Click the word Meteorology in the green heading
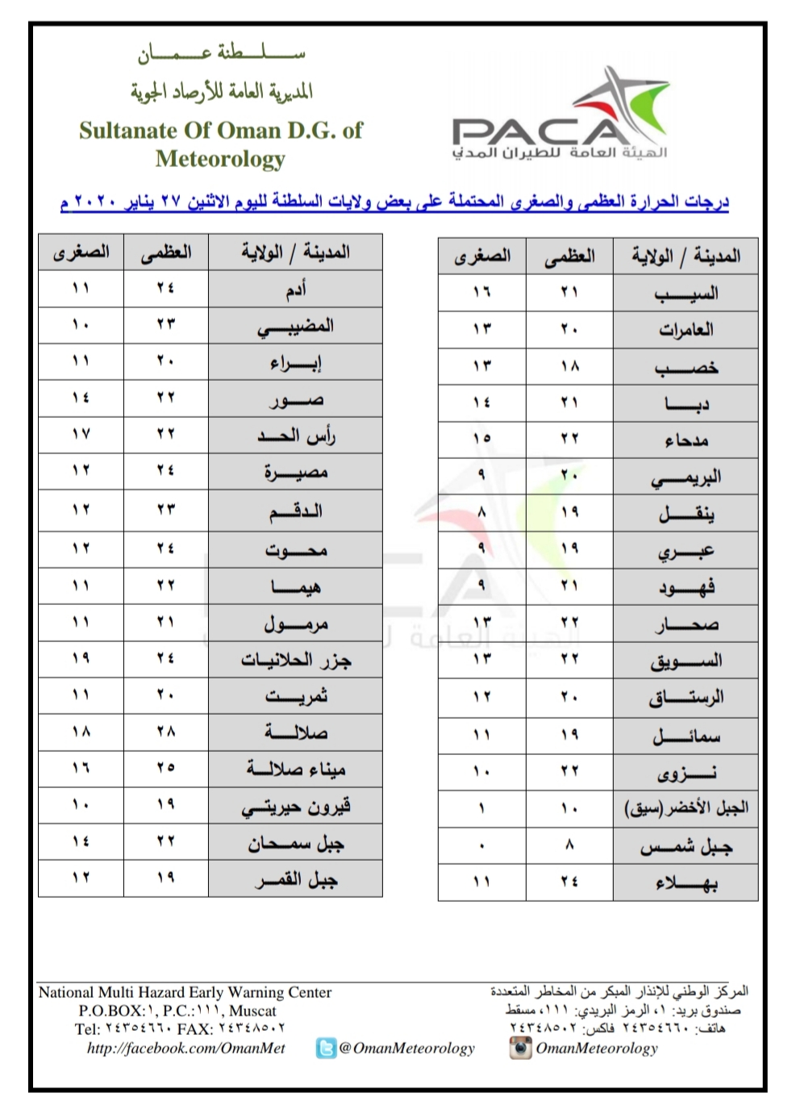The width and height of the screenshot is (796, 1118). tap(220, 159)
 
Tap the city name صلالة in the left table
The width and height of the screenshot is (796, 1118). tap(296, 732)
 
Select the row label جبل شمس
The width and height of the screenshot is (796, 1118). tap(686, 846)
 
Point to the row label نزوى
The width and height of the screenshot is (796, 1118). tap(686, 773)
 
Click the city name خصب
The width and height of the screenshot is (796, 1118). tap(686, 367)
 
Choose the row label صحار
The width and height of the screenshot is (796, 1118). tap(686, 624)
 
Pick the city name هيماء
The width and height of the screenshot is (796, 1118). tap(296, 586)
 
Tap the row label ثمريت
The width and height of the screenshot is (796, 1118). tap(296, 695)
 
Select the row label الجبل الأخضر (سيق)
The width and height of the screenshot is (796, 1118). tap(686, 807)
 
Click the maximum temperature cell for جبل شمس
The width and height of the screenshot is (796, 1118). tap(569, 845)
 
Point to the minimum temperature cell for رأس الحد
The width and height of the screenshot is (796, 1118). tap(81, 434)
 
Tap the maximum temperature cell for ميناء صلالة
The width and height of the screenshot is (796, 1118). tap(166, 767)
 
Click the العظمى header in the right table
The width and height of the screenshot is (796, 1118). tap(569, 257)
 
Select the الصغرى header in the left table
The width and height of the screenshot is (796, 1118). tap(81, 252)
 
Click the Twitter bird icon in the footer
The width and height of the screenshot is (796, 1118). tap(326, 1048)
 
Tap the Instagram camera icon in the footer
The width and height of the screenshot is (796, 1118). tap(520, 1048)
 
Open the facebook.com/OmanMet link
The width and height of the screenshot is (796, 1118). tap(186, 1048)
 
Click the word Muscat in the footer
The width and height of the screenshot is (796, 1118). tap(252, 1011)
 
